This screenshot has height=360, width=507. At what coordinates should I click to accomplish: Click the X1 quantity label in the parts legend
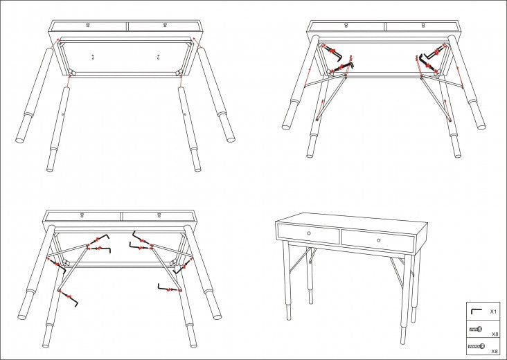pyautogui.click(x=493, y=312)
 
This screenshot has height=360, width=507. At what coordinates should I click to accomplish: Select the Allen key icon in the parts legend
pyautogui.click(x=475, y=311)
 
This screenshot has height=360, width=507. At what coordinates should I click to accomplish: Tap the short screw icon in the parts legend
pyautogui.click(x=476, y=330)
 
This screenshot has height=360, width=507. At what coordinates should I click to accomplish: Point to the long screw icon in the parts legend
pyautogui.click(x=477, y=346)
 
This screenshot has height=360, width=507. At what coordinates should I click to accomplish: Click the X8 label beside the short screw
pyautogui.click(x=495, y=334)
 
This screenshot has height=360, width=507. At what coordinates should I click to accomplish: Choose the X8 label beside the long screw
pyautogui.click(x=495, y=351)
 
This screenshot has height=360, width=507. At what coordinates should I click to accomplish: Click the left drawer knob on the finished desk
pyautogui.click(x=309, y=233)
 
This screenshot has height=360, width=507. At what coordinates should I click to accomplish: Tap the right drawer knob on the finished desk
pyautogui.click(x=378, y=240)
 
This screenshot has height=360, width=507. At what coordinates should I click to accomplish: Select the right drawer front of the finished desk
pyautogui.click(x=378, y=241)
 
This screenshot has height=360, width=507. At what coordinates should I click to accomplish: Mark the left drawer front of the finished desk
pyautogui.click(x=309, y=234)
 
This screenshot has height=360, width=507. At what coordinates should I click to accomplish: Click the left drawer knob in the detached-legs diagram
pyautogui.click(x=88, y=25)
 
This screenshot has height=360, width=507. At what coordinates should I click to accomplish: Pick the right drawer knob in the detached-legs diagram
pyautogui.click(x=165, y=25)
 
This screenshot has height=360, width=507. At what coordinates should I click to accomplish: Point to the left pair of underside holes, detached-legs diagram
pyautogui.click(x=93, y=57)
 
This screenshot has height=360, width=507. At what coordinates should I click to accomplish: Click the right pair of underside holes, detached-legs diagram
pyautogui.click(x=158, y=57)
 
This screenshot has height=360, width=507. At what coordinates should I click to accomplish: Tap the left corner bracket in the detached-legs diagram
pyautogui.click(x=71, y=73)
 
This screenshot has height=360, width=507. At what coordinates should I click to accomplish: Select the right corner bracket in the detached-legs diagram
pyautogui.click(x=179, y=73)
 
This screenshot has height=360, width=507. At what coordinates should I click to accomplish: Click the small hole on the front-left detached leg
pyautogui.click(x=63, y=114)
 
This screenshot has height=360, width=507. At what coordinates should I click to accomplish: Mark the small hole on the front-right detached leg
pyautogui.click(x=185, y=114)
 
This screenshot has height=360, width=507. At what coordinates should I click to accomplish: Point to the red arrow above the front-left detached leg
pyautogui.click(x=69, y=81)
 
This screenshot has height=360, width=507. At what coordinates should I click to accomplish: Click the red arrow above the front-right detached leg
pyautogui.click(x=181, y=81)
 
